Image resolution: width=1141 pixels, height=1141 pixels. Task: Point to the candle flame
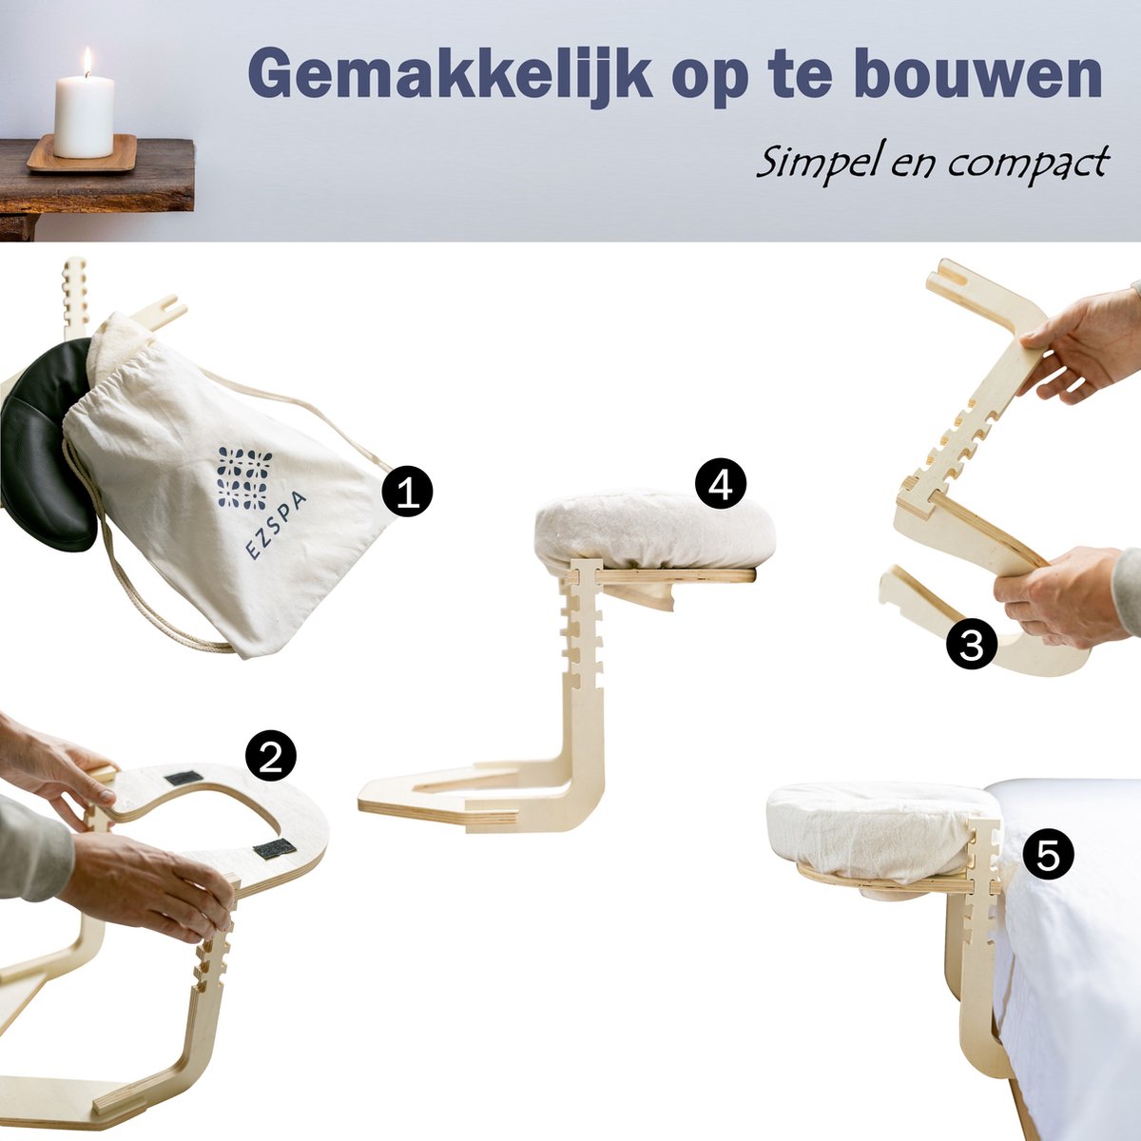coord(86,61)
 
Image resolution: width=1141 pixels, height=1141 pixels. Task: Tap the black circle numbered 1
coord(407,492)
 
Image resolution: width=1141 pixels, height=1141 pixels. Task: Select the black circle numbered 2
coord(271,757)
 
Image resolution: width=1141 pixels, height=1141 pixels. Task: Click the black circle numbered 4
coord(721,485)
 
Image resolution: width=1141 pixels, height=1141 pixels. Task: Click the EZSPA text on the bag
coord(268,526)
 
